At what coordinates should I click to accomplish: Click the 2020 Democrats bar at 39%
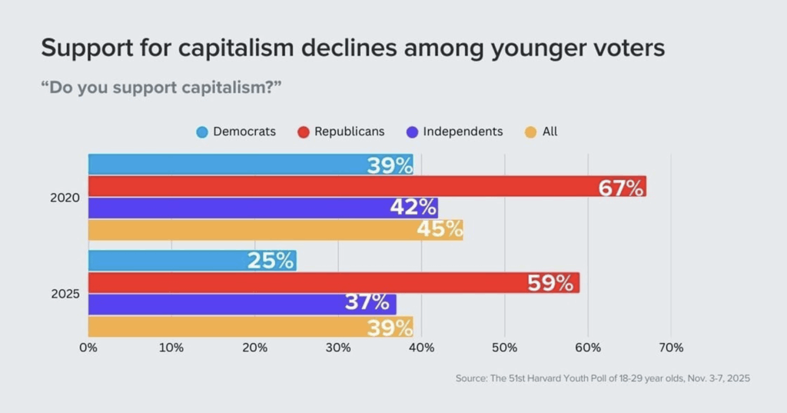point(251,165)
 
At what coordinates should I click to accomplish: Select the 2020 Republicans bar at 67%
point(367,186)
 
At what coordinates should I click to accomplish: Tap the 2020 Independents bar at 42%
point(263,208)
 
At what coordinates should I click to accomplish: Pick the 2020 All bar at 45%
point(275,229)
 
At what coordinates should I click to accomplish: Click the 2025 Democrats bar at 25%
point(192,261)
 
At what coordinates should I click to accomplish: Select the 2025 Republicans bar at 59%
point(334,282)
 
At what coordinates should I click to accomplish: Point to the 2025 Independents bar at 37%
point(242,304)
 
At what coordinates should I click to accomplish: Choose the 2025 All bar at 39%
point(251,326)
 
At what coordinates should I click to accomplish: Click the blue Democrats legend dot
point(201,132)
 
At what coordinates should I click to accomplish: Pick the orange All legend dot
point(530,132)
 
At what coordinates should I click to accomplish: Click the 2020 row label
point(65,198)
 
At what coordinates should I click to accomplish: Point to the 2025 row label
point(65,294)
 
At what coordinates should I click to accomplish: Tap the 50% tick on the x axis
point(504,348)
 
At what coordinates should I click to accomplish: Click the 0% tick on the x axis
point(88,348)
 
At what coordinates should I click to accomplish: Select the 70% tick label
point(671,348)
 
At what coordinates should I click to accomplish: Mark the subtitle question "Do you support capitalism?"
point(161,87)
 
